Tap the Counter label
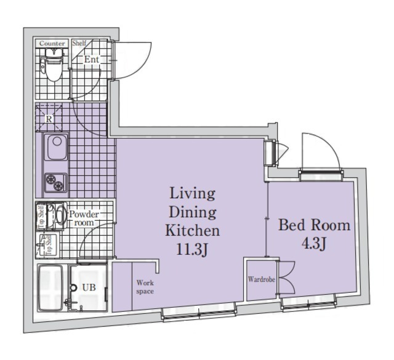[x=52, y=44]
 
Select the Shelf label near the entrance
[x=79, y=43]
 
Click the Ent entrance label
[x=92, y=59]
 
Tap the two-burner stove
[x=55, y=183]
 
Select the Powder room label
[x=84, y=218]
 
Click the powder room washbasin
[x=60, y=214]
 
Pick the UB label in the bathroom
[x=89, y=287]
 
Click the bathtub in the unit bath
[x=50, y=288]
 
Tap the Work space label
[x=145, y=287]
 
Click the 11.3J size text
[x=192, y=249]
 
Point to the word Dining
[x=193, y=212]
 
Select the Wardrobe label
[x=262, y=279]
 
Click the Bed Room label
[x=314, y=225]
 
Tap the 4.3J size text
[x=314, y=243]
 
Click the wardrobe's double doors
[x=286, y=277]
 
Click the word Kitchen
[x=193, y=230]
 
